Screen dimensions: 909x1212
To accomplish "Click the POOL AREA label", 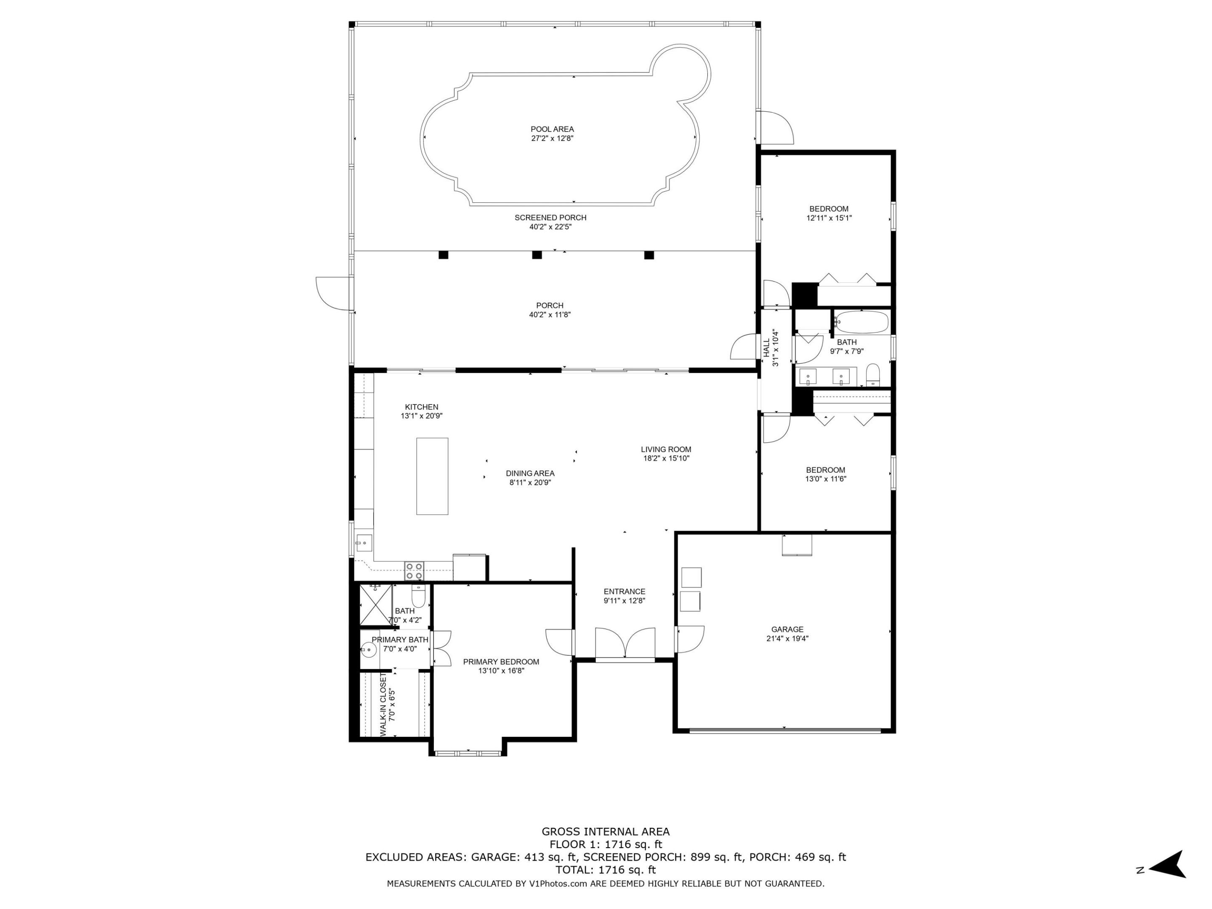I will pyautogui.click(x=552, y=129).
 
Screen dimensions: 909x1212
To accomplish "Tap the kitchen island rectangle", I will pyautogui.click(x=432, y=476).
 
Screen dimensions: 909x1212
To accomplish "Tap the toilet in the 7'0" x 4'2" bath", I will pyautogui.click(x=418, y=597).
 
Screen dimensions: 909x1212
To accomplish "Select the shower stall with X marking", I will pyautogui.click(x=375, y=604).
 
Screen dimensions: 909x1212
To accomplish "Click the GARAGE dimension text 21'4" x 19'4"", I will pyautogui.click(x=787, y=638).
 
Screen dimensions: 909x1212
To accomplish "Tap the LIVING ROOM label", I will pyautogui.click(x=666, y=449).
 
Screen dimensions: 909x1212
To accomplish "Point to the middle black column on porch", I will pyautogui.click(x=537, y=255).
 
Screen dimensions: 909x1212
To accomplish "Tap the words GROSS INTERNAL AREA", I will pyautogui.click(x=606, y=832).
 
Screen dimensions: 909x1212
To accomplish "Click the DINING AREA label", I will pyautogui.click(x=529, y=473).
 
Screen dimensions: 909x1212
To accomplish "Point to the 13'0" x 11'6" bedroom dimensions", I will pyautogui.click(x=825, y=479).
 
